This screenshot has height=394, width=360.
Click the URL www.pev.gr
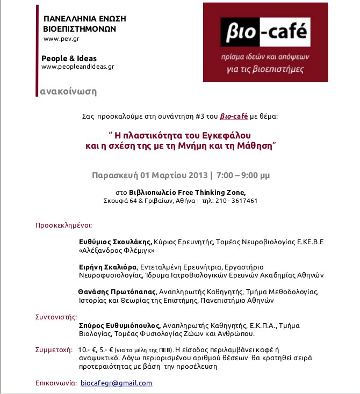click(62, 39)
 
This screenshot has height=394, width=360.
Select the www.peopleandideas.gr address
click(77, 67)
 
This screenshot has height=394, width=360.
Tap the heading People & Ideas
click(69, 58)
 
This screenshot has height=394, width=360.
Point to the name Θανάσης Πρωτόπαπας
click(114, 292)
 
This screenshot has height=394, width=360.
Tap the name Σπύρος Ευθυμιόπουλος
click(120, 325)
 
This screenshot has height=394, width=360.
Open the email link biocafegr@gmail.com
click(116, 383)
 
